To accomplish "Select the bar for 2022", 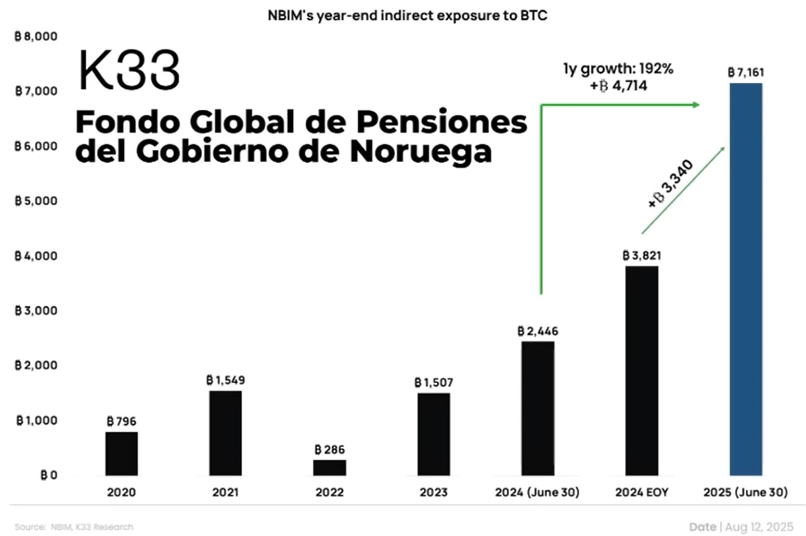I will (x=329, y=467).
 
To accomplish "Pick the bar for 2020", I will (x=121, y=453).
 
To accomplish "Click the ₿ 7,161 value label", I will (x=746, y=72).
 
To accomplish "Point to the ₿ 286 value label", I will (x=329, y=450).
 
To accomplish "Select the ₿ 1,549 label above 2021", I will (x=225, y=380).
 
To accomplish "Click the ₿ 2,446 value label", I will (x=538, y=331).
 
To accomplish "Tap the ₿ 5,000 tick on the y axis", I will (x=36, y=201).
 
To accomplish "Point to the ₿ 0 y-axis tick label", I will (x=48, y=475).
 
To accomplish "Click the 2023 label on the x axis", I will (x=433, y=492).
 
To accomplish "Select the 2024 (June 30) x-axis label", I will (x=537, y=492).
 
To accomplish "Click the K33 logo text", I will (x=129, y=70).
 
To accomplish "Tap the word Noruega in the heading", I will (x=421, y=151).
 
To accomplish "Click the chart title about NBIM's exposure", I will (x=407, y=16).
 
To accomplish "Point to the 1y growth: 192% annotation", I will (x=618, y=69).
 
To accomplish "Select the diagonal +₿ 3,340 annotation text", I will (x=670, y=184).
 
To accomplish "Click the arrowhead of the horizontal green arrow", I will (x=696, y=105).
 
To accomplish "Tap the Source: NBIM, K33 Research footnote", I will (x=74, y=527).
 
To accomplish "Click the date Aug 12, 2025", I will (x=759, y=527).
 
